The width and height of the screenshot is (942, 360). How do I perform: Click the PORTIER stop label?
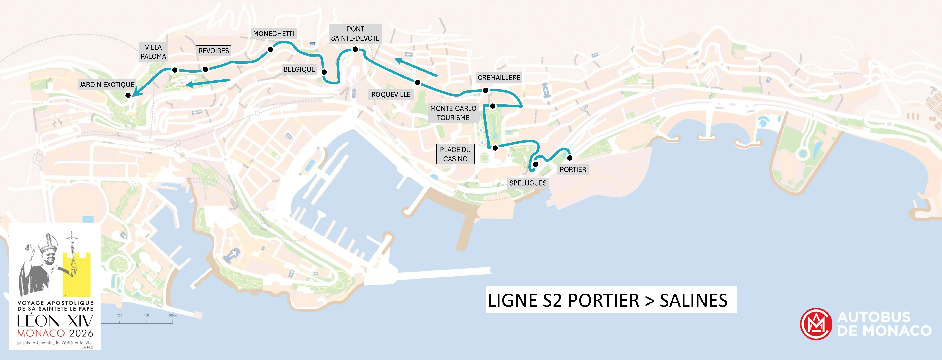click(573, 169)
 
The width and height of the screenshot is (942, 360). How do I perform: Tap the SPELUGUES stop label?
click(528, 183)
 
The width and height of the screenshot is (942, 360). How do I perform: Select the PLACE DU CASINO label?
click(455, 154)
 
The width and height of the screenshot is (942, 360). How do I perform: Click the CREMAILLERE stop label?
click(499, 78)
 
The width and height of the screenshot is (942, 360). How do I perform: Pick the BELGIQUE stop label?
click(299, 69)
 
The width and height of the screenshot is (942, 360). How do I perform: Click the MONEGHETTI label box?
click(273, 34)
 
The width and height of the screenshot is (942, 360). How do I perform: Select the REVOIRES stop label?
click(214, 51)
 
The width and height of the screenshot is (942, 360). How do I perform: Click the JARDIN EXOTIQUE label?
click(107, 85)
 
